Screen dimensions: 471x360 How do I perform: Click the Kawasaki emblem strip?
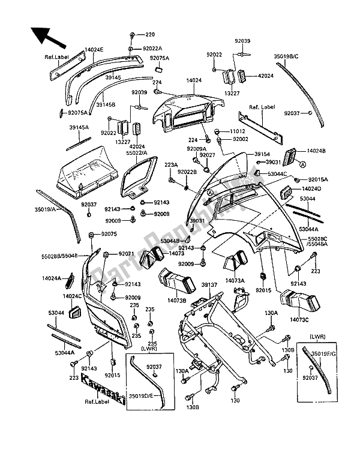(104, 389)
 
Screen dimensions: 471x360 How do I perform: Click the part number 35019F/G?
(332, 355)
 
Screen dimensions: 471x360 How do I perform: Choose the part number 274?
(157, 82)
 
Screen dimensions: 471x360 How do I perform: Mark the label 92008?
(161, 214)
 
